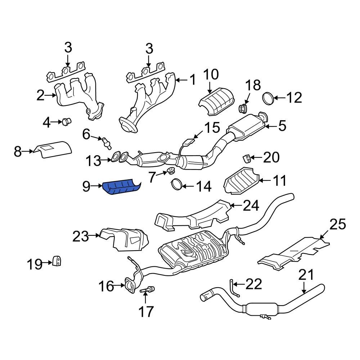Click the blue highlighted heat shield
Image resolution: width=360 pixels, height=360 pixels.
(121, 188)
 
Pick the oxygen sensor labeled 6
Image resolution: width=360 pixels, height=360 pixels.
(107, 142)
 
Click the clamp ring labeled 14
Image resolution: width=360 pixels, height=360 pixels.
(176, 184)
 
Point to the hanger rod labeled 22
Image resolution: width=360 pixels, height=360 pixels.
(233, 289)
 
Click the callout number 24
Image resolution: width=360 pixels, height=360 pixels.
(251, 206)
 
